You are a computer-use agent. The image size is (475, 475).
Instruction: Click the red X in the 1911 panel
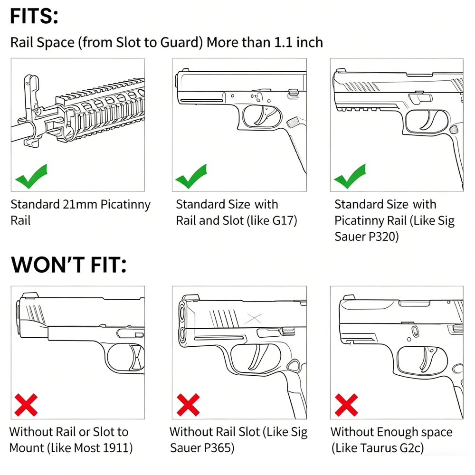[x=26, y=405]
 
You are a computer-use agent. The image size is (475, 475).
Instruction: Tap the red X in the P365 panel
[x=188, y=405]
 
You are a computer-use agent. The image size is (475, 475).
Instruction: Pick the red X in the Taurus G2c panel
[x=346, y=405]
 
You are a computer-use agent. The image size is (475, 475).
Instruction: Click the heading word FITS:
[x=34, y=16]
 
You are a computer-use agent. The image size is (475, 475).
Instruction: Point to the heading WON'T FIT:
[x=68, y=265]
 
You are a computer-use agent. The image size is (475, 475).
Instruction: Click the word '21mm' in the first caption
[x=80, y=204]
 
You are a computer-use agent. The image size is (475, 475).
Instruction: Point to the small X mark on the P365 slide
[x=254, y=318]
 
